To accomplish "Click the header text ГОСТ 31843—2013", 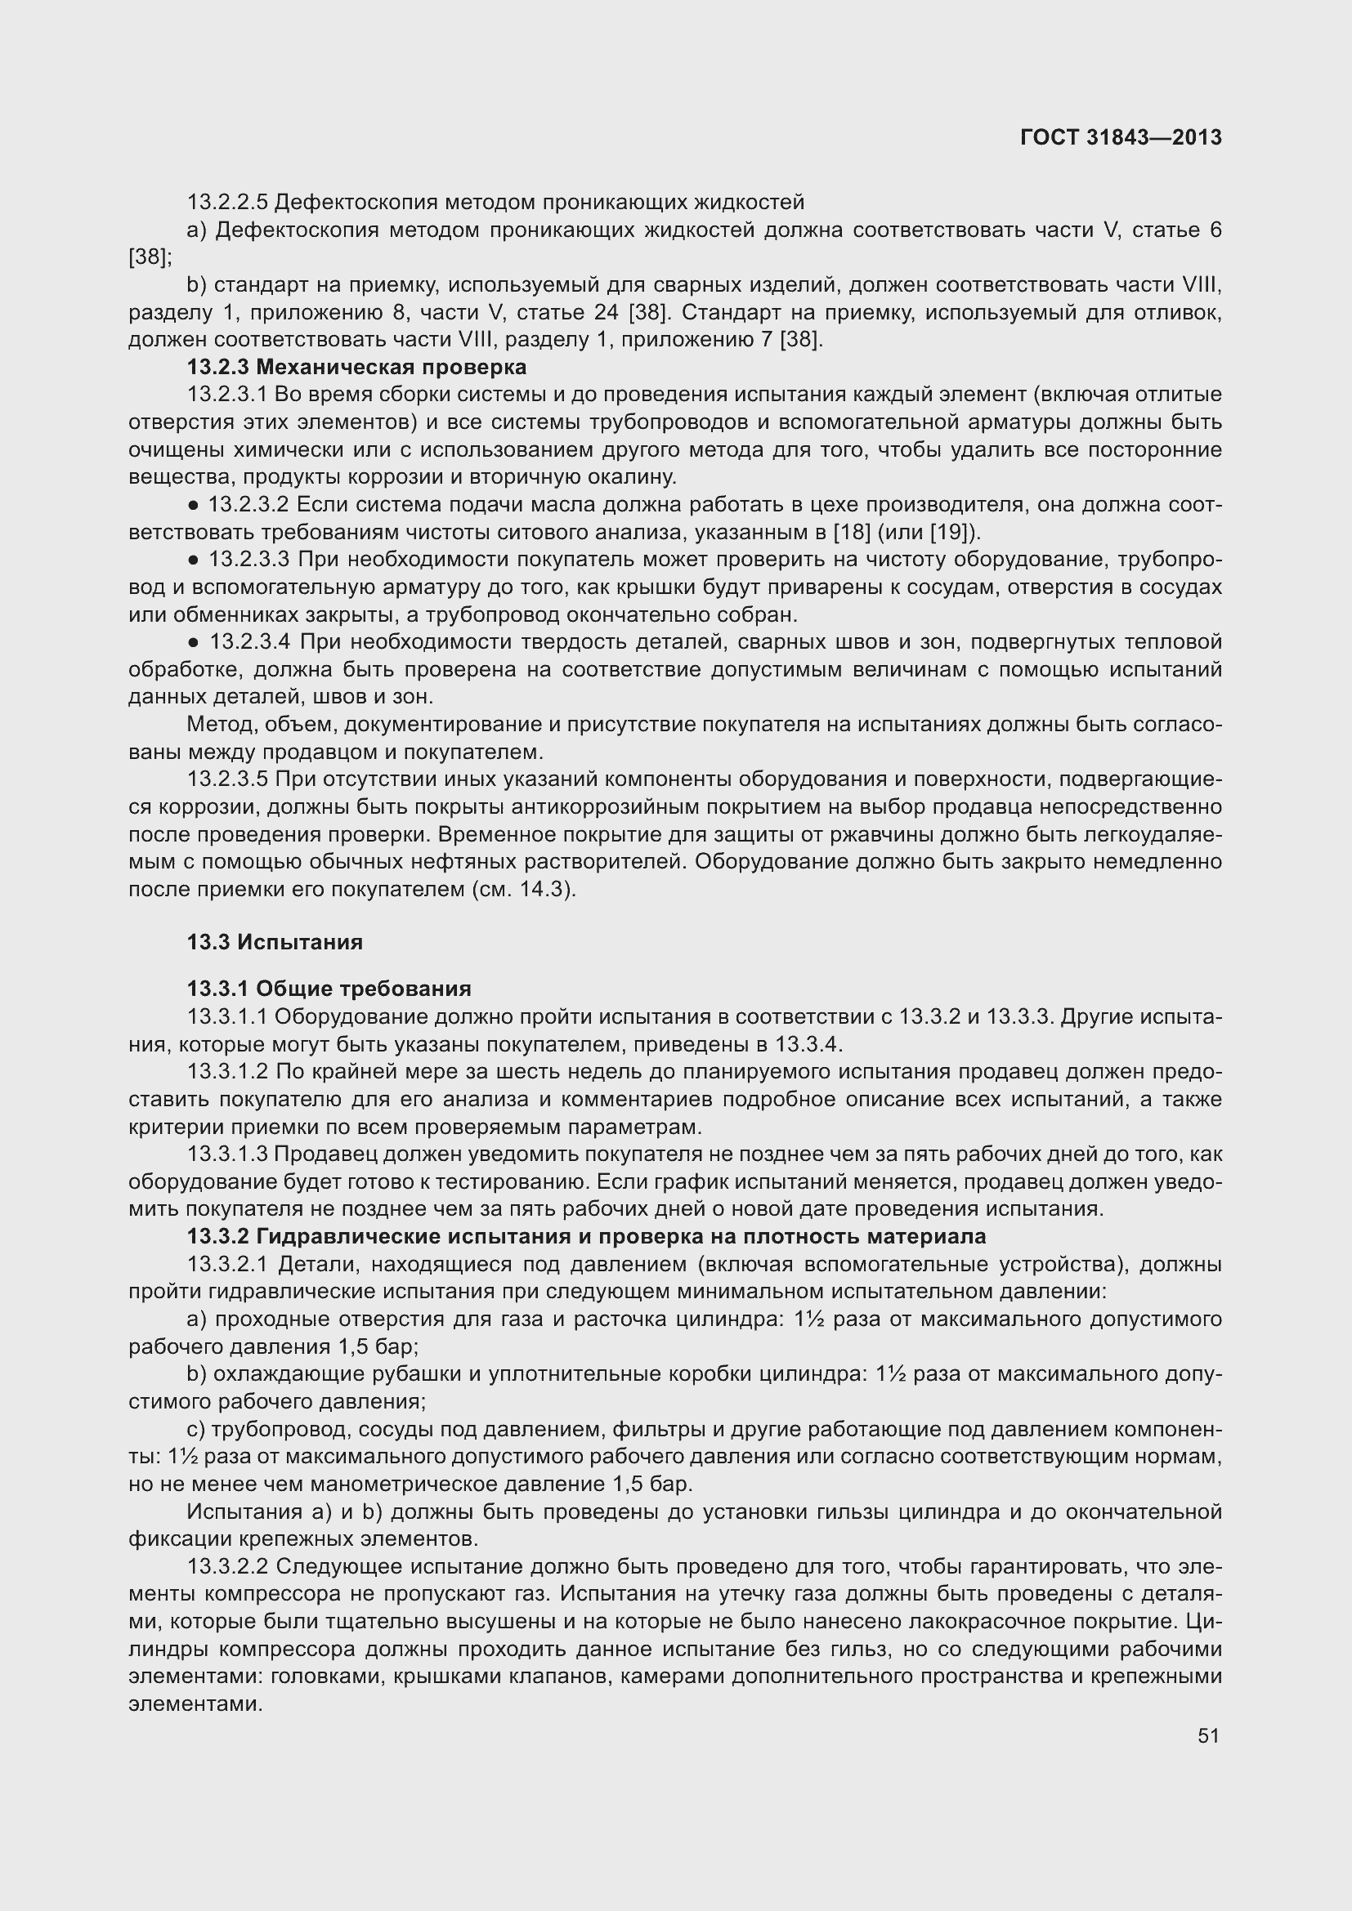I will (x=1121, y=137).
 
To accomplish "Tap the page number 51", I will (x=1208, y=1735).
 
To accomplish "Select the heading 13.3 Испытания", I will (x=275, y=942).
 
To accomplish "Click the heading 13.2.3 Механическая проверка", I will (x=356, y=367).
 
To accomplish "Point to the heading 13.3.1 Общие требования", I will (x=329, y=989).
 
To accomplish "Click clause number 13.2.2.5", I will (x=227, y=203).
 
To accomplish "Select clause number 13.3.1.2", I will (x=227, y=1072).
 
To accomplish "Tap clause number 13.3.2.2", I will (x=227, y=1567).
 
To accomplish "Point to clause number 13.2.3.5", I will (x=227, y=780).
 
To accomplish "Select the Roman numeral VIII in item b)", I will (x=1200, y=285).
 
